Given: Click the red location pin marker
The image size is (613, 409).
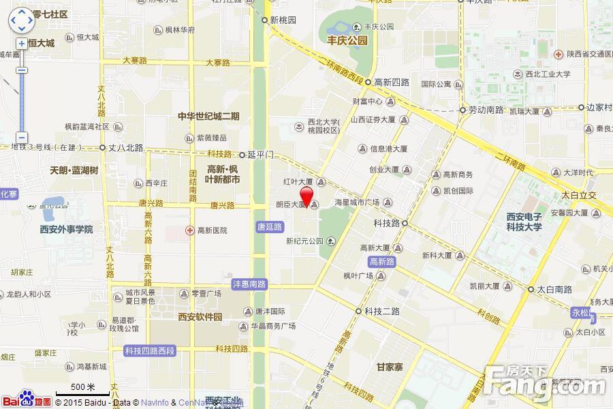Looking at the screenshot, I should (x=307, y=196).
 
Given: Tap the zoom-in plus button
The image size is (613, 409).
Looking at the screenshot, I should (x=22, y=44).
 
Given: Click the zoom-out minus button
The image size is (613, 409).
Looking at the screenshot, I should (x=22, y=136).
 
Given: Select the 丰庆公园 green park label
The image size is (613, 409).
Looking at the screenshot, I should (x=347, y=40).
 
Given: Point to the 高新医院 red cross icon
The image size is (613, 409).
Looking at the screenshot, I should (x=191, y=230).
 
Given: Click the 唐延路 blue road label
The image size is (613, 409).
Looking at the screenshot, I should (x=270, y=226).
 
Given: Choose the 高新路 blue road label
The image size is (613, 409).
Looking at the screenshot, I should (x=381, y=261).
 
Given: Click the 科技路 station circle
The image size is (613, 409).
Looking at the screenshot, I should (x=405, y=223).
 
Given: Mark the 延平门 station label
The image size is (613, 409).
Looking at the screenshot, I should (x=261, y=155).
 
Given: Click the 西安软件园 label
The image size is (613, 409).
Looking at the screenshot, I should (x=200, y=316).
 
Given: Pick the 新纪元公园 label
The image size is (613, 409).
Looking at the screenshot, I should (x=304, y=241).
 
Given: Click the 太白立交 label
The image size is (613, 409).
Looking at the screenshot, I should (x=579, y=196).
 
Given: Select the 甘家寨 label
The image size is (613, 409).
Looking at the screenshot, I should (x=390, y=367).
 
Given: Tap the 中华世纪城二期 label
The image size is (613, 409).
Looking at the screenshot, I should (x=208, y=116).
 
